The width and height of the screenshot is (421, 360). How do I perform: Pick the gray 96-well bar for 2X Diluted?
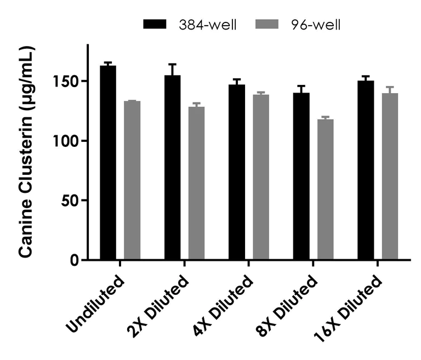point(197,183)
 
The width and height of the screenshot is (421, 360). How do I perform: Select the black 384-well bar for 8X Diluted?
point(301,176)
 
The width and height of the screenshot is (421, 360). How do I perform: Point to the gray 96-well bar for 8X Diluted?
point(326,189)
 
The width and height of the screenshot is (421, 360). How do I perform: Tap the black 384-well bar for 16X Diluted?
point(366,170)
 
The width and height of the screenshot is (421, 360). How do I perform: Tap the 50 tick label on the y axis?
point(73,200)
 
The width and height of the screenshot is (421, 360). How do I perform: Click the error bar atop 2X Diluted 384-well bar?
point(173,69)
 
